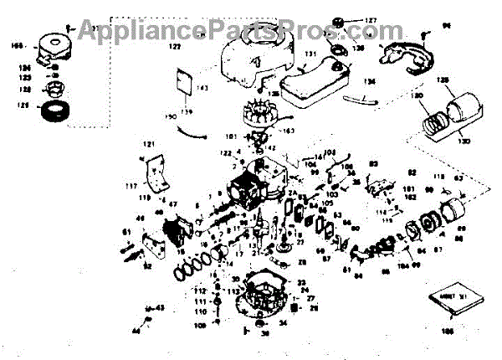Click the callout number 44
point(136,331)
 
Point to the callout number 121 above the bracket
point(149,146)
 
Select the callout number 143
point(201,88)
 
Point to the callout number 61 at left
point(127,231)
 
